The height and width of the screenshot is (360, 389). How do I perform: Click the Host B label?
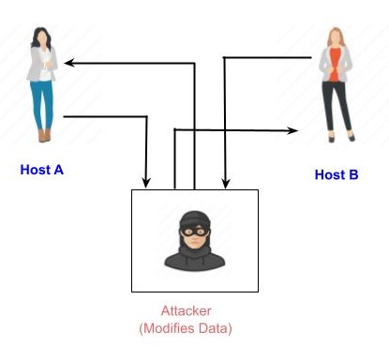pos(337,173)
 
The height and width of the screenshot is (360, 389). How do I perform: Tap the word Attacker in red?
pos(194,311)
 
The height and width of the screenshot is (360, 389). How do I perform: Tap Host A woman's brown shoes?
pos(44,136)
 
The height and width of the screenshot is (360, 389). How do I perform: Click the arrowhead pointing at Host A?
pos(67,63)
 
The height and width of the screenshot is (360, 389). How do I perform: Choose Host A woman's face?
pos(44,37)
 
